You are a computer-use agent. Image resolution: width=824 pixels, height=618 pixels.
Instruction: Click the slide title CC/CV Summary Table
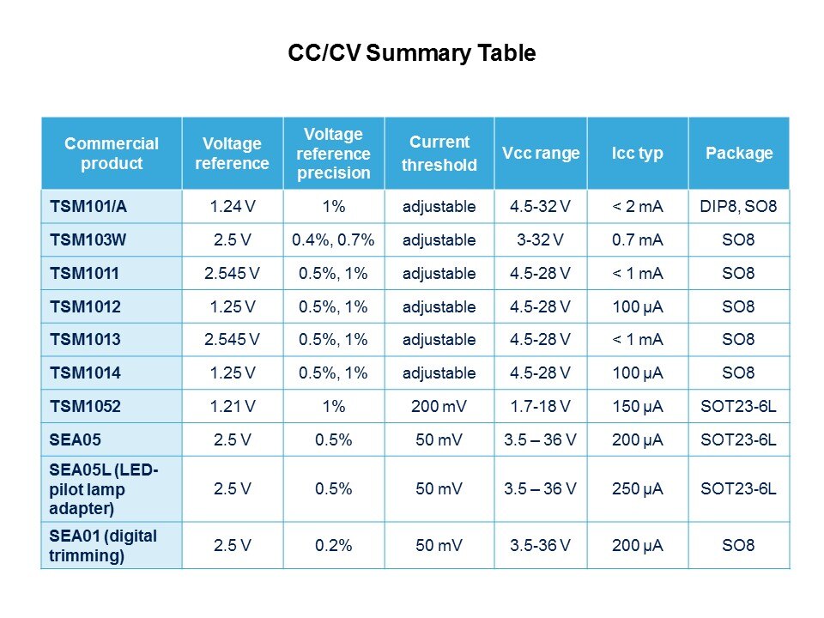click(x=412, y=53)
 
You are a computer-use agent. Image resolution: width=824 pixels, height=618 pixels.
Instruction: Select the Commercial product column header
click(x=112, y=153)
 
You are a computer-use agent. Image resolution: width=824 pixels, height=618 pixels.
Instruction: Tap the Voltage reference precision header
click(x=334, y=153)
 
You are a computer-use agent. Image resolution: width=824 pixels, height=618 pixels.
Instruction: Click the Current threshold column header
click(x=439, y=153)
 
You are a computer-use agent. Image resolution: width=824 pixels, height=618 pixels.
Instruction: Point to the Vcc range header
click(x=541, y=153)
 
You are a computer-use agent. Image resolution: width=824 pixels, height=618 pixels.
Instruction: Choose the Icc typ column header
click(x=638, y=153)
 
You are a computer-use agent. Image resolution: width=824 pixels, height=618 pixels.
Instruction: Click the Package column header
click(x=739, y=153)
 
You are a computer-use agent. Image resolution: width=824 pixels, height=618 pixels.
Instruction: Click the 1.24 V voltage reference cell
click(x=232, y=206)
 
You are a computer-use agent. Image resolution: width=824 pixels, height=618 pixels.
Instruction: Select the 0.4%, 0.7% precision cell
click(x=334, y=239)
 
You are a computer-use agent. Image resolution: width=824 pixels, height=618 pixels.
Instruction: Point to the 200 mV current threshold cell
click(x=439, y=407)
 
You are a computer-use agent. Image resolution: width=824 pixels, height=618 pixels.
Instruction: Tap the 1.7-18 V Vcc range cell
click(x=541, y=407)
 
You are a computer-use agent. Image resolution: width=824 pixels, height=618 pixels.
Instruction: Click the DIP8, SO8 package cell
click(x=739, y=206)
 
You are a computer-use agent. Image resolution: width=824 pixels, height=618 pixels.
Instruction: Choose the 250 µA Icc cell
click(x=638, y=488)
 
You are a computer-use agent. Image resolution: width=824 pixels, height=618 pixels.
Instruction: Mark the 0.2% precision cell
click(x=334, y=545)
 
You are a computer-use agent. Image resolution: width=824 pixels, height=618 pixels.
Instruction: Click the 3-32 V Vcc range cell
click(x=541, y=239)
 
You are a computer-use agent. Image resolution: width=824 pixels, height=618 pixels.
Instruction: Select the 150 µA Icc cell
click(x=638, y=407)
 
